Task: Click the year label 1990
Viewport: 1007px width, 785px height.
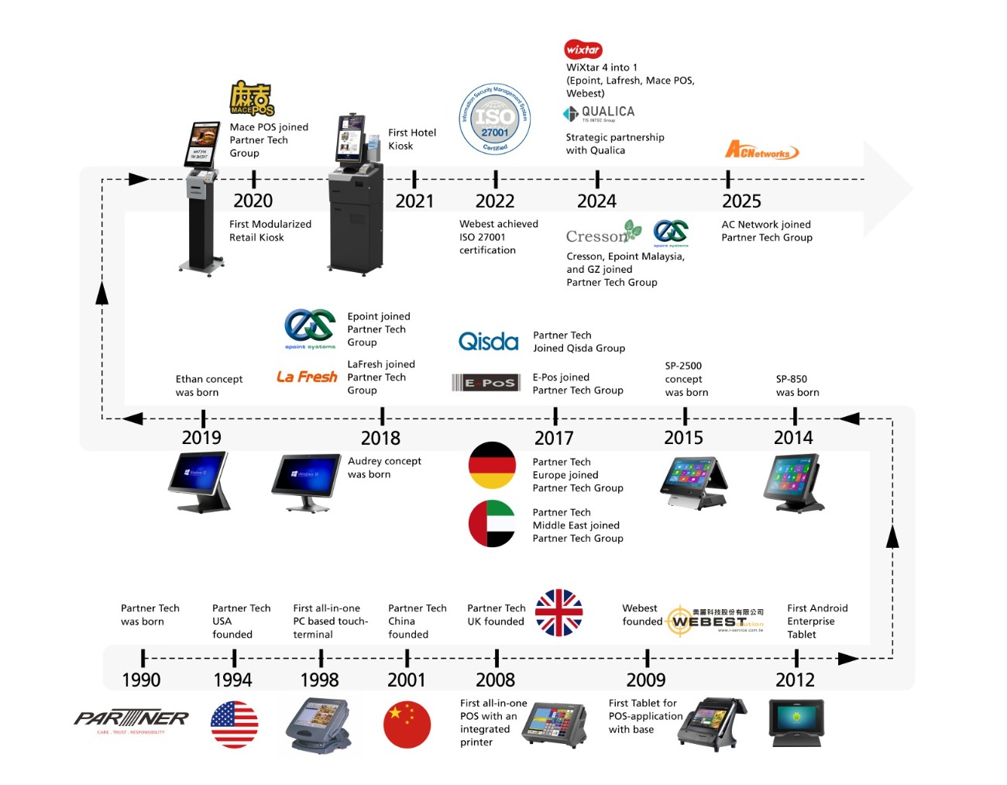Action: (142, 680)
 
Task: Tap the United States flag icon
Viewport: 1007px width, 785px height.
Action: (234, 725)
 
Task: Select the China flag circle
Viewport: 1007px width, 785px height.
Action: (407, 725)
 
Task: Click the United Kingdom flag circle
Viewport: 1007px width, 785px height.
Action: (558, 613)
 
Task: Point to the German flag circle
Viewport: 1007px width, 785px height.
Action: (492, 465)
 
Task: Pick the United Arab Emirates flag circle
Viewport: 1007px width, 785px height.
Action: (492, 524)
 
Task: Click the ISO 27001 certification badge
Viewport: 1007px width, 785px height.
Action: (494, 119)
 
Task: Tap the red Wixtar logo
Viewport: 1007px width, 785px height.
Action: (583, 50)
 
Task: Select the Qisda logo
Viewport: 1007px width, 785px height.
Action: (488, 342)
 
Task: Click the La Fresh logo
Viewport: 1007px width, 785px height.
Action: (307, 377)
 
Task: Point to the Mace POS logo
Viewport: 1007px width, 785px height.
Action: (252, 99)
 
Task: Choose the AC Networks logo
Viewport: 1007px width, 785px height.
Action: (761, 150)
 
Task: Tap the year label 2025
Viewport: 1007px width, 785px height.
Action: (741, 201)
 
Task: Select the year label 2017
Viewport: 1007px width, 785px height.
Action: (554, 438)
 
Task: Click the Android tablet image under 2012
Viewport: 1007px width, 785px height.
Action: (796, 723)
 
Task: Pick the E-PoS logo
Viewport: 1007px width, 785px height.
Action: (486, 382)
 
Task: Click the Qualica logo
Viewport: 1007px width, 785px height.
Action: (599, 114)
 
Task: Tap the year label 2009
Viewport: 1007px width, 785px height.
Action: (646, 680)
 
